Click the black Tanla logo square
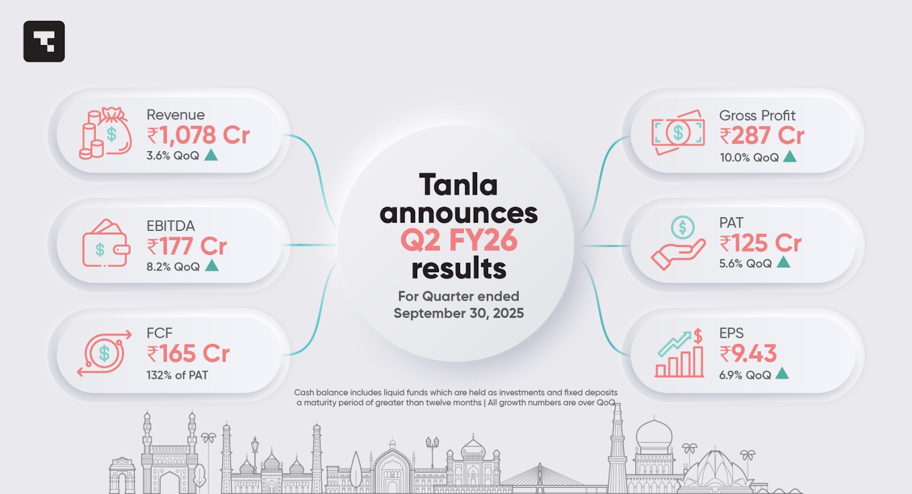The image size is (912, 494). click(44, 41)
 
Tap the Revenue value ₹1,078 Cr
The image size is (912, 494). click(198, 135)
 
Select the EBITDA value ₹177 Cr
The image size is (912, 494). click(187, 246)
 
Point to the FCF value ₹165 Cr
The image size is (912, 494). click(188, 353)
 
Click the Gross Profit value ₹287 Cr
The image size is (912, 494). click(762, 136)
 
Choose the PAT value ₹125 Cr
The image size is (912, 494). click(760, 244)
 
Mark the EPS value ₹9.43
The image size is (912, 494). click(748, 353)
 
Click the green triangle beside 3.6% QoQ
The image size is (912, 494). click(211, 155)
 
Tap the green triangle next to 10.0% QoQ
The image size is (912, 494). click(790, 156)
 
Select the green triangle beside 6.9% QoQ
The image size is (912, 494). click(782, 374)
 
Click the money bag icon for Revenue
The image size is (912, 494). click(105, 133)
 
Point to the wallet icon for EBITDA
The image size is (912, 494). click(106, 244)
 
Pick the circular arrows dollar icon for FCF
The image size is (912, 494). click(104, 353)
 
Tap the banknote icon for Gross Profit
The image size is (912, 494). click(678, 132)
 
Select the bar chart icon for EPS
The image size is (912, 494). click(679, 353)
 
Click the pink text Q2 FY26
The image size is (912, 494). click(459, 241)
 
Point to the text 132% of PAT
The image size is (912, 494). click(177, 375)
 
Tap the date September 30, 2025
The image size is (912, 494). click(459, 313)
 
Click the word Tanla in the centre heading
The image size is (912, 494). click(458, 185)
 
